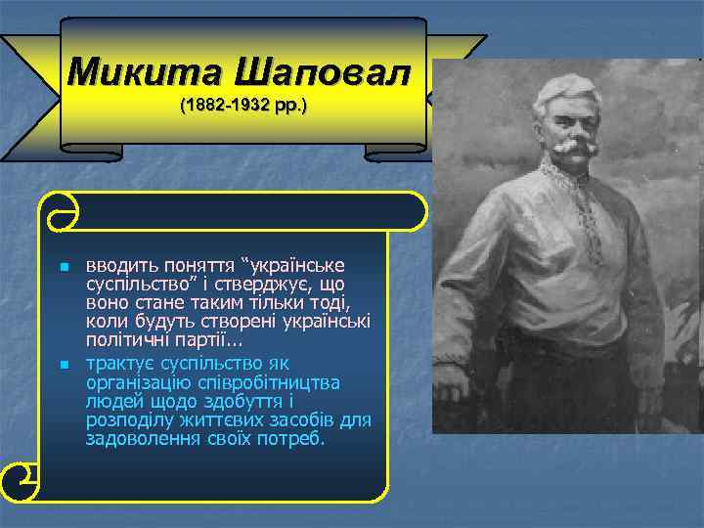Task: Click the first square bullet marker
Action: [64, 267]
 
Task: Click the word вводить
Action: [117, 265]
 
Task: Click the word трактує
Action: [119, 363]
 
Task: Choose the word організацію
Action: [139, 382]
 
